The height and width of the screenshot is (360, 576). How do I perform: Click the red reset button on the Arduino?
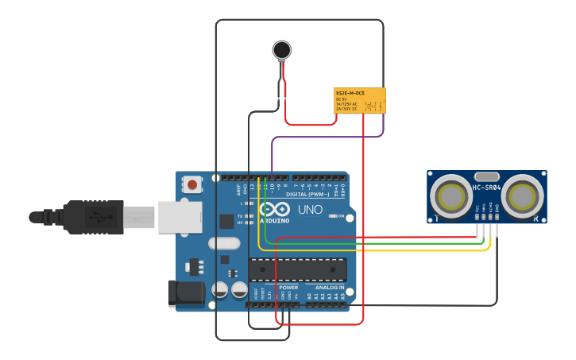tap(191, 185)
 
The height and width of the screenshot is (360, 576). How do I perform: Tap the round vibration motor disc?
tap(281, 50)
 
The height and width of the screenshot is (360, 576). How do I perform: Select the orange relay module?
tap(360, 101)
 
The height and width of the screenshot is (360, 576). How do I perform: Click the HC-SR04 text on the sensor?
tap(486, 188)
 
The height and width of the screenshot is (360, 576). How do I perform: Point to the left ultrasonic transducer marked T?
tap(451, 195)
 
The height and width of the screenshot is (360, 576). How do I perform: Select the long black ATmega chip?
tap(298, 269)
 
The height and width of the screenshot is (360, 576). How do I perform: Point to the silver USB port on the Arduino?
tap(181, 216)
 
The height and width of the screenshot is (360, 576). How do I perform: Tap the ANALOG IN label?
tap(330, 287)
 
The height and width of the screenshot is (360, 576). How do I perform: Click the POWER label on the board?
tap(288, 287)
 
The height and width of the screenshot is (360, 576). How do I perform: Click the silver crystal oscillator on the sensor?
tap(486, 176)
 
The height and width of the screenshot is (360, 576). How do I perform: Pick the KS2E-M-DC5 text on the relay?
tap(350, 93)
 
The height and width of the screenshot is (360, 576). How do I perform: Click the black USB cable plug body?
tap(93, 216)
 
